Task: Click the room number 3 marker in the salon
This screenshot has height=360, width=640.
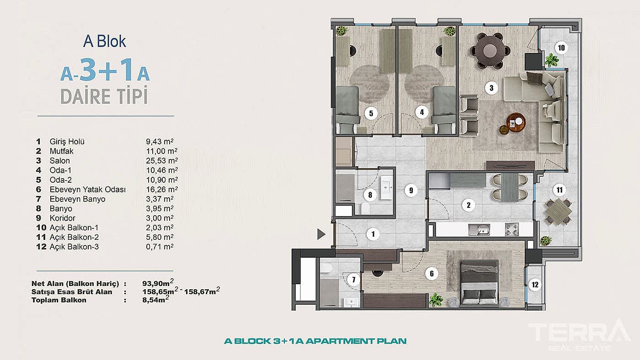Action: click(491, 88)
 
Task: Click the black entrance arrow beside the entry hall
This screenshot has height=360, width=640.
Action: click(321, 234)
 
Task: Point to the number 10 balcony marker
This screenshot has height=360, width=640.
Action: click(561, 47)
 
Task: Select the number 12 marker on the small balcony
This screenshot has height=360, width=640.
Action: click(535, 285)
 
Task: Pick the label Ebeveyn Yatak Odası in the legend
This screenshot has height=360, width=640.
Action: click(87, 190)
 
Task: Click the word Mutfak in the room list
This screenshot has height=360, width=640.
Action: click(61, 151)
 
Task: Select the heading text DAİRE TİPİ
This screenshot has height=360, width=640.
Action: click(104, 97)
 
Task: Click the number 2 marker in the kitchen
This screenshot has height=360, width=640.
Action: click(468, 205)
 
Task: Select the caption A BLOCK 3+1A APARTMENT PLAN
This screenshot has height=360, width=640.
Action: click(315, 341)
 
